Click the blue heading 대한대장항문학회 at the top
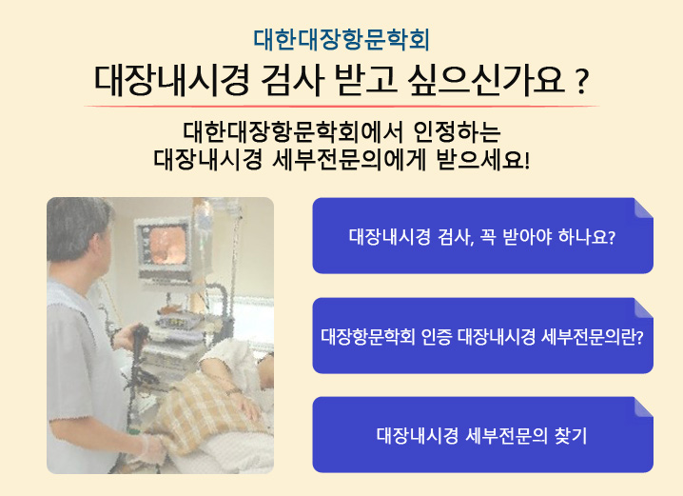341,40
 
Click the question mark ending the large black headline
581,82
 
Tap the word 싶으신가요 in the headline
486,80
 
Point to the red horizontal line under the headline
341,106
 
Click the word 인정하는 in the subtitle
457,131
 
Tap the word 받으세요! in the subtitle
483,159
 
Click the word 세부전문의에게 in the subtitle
348,159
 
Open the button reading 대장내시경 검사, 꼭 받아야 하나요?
482,236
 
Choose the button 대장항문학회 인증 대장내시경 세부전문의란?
482,336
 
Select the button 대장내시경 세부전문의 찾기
482,434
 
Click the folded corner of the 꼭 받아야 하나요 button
643,208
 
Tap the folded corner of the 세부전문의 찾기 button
643,407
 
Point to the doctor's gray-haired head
78,228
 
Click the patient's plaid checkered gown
205,409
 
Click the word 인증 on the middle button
437,336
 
